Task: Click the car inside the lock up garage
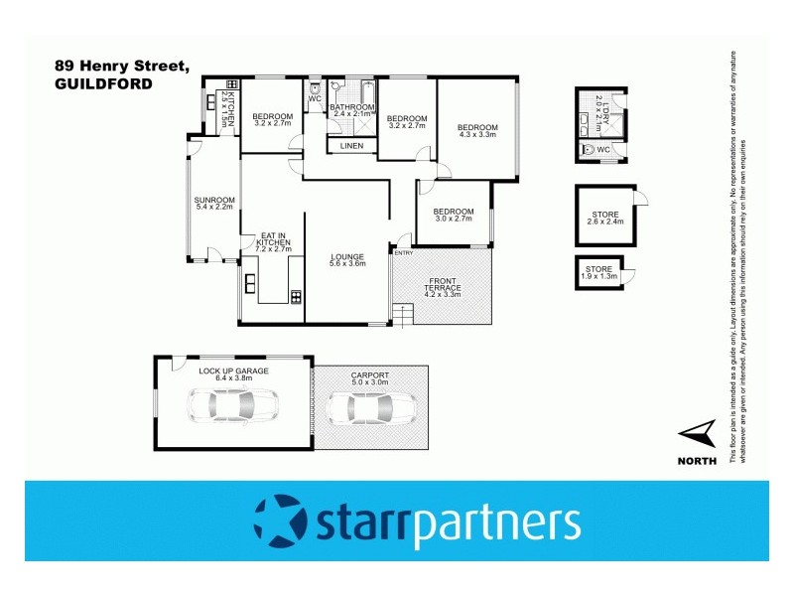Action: pyautogui.click(x=235, y=405)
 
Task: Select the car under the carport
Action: pyautogui.click(x=371, y=408)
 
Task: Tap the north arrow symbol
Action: pyautogui.click(x=699, y=433)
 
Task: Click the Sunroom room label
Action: pyautogui.click(x=212, y=205)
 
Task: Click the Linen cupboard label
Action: pyautogui.click(x=351, y=146)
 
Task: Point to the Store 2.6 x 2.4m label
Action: pyautogui.click(x=604, y=218)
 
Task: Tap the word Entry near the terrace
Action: pyautogui.click(x=403, y=253)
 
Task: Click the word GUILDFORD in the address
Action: pyautogui.click(x=104, y=84)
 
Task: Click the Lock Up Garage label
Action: pyautogui.click(x=233, y=372)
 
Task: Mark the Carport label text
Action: pyautogui.click(x=370, y=376)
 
